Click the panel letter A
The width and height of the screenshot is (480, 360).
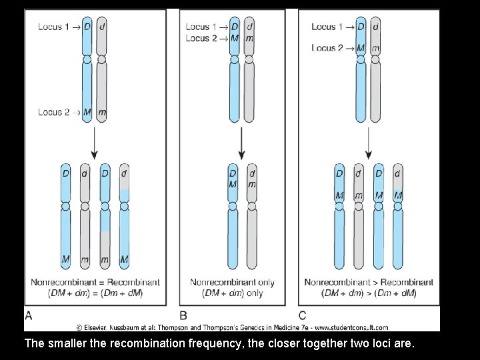point(29,315)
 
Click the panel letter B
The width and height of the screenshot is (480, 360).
point(183,315)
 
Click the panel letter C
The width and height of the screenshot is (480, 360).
point(303,315)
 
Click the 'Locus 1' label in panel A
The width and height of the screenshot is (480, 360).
point(54,27)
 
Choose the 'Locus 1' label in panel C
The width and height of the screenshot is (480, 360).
point(327,27)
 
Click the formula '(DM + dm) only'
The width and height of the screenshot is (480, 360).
point(232,293)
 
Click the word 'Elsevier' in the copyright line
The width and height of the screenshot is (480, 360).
point(99,327)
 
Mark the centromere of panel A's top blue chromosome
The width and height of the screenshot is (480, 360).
point(87,59)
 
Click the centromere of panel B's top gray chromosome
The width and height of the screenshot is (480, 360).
point(249,59)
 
